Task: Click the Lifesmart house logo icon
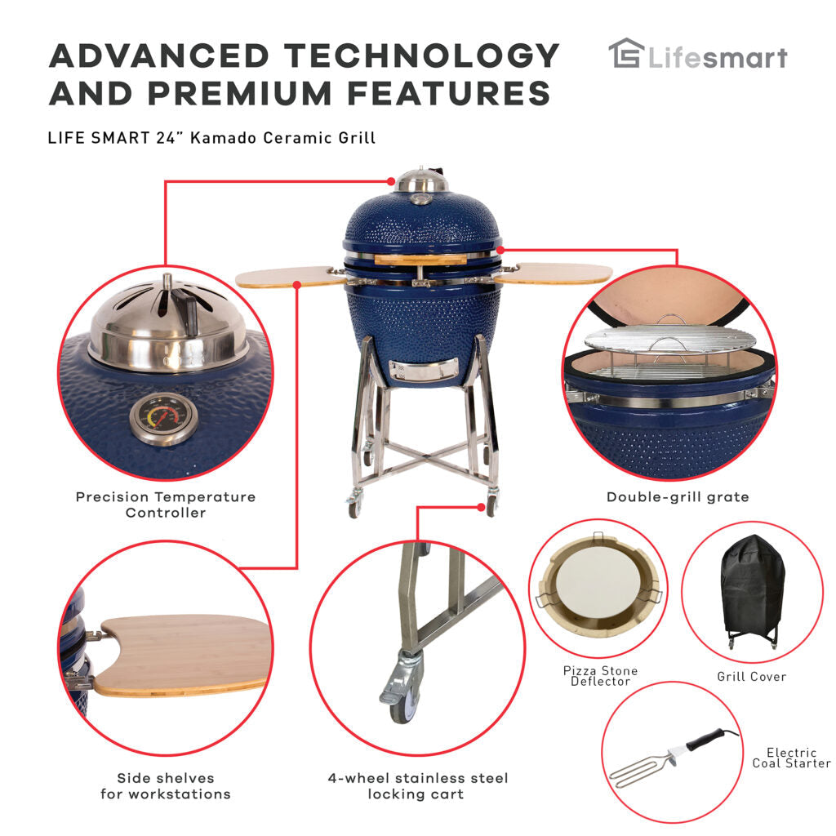(626, 55)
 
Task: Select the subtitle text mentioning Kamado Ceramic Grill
(212, 137)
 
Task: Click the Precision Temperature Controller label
(166, 505)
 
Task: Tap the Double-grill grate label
(678, 496)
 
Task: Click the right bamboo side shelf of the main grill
(555, 273)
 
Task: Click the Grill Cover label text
(752, 676)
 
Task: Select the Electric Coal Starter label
(791, 758)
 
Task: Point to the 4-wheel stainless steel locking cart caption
(417, 785)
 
